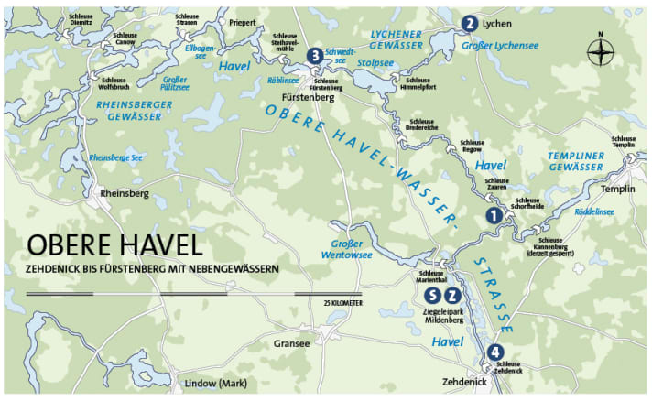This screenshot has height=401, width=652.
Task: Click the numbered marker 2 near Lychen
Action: (469, 23)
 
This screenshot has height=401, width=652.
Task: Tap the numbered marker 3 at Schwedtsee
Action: (315, 56)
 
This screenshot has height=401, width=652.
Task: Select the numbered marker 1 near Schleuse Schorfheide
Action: (493, 215)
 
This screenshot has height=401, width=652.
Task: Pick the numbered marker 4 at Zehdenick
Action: (495, 352)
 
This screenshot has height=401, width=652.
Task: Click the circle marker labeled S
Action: (433, 295)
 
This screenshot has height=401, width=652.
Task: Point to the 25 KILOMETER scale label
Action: (343, 302)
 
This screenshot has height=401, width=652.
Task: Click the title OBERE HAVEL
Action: (114, 246)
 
